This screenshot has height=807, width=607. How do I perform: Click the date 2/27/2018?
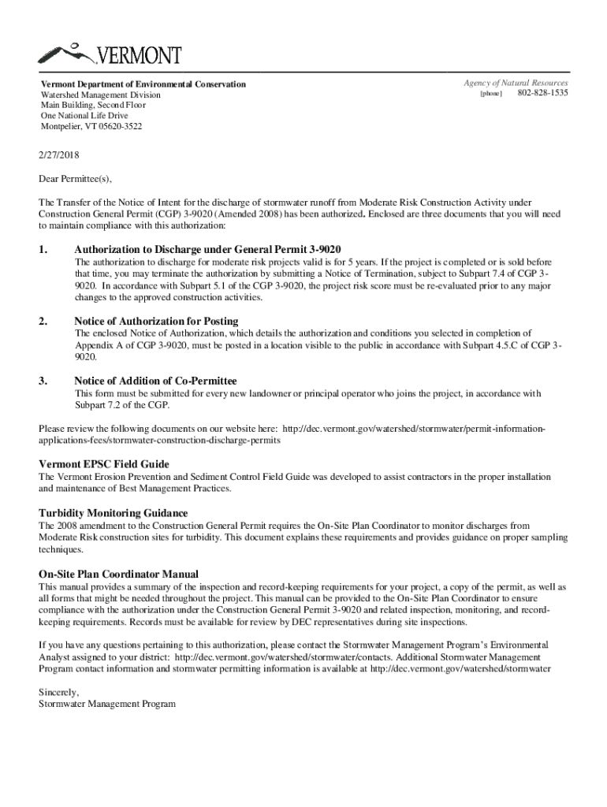point(59,155)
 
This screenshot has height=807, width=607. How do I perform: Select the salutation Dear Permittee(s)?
point(76,179)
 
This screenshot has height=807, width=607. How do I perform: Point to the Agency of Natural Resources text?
point(516,83)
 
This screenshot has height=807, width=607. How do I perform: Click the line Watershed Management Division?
point(100,95)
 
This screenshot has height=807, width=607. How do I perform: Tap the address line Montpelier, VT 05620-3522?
point(92,126)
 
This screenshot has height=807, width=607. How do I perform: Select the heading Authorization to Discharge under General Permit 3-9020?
point(207,249)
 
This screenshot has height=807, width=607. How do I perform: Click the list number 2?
point(43,321)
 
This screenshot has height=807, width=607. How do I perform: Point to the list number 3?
point(43,381)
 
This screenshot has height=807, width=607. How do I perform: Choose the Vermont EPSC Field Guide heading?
point(104,463)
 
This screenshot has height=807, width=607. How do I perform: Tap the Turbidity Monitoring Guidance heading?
point(114,512)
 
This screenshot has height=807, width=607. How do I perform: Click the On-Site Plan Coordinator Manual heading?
point(118,573)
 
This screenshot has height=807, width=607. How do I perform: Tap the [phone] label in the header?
point(491,95)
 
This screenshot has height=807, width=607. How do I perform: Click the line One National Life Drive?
point(84,116)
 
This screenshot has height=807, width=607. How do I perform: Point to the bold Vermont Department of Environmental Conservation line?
point(143,84)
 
